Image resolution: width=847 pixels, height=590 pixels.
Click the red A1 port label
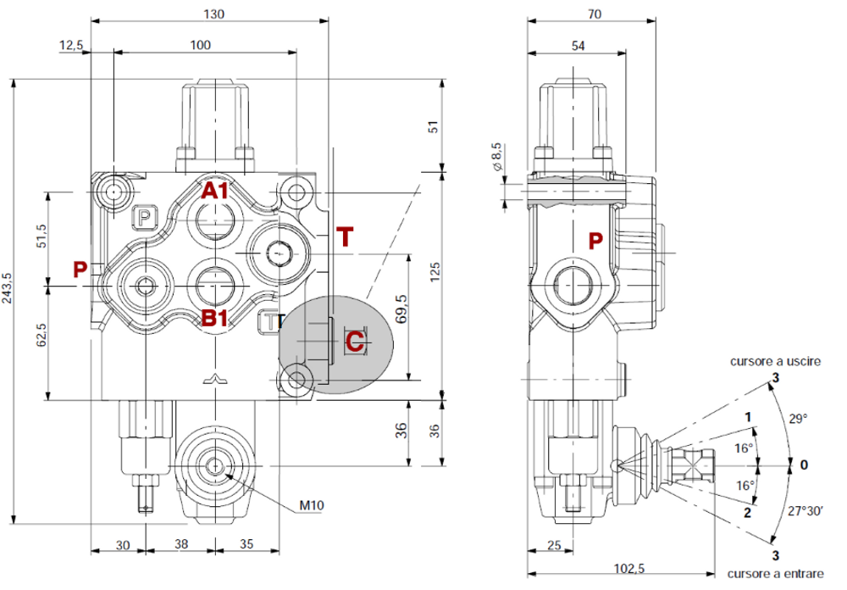click(x=214, y=190)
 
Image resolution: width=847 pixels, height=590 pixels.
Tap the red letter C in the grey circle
click(x=355, y=341)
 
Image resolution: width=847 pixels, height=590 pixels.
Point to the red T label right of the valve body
click(x=344, y=237)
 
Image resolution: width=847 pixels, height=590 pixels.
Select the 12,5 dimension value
click(x=72, y=45)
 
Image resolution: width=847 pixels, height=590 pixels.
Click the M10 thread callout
click(x=312, y=505)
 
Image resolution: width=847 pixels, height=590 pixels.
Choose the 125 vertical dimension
click(x=435, y=273)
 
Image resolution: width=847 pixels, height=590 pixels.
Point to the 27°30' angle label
click(x=805, y=512)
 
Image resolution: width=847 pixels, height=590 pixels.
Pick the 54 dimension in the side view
click(x=578, y=45)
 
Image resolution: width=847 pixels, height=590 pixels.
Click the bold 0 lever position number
click(x=804, y=465)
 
